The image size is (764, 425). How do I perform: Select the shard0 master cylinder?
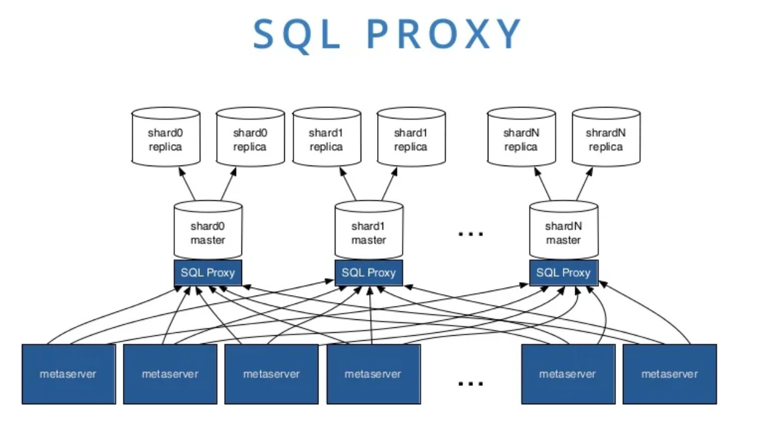[x=208, y=232]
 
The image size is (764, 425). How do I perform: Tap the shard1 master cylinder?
[x=369, y=232]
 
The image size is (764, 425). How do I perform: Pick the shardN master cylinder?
[x=563, y=232]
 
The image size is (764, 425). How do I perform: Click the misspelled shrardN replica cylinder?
[x=606, y=139]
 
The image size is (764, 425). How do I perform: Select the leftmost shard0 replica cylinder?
[x=165, y=139]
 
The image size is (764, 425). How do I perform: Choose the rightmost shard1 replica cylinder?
[x=411, y=139]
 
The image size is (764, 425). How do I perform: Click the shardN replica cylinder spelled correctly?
[x=521, y=139]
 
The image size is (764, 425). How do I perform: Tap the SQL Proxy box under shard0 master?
[x=208, y=272]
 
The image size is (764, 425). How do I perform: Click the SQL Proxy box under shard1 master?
[x=369, y=272]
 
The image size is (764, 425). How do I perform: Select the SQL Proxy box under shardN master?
[x=563, y=272]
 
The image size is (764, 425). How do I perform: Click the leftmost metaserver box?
[x=68, y=374]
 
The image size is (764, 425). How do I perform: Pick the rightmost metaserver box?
[x=669, y=374]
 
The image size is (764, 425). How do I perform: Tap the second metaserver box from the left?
[x=170, y=374]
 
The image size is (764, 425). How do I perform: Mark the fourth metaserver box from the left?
[x=373, y=374]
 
